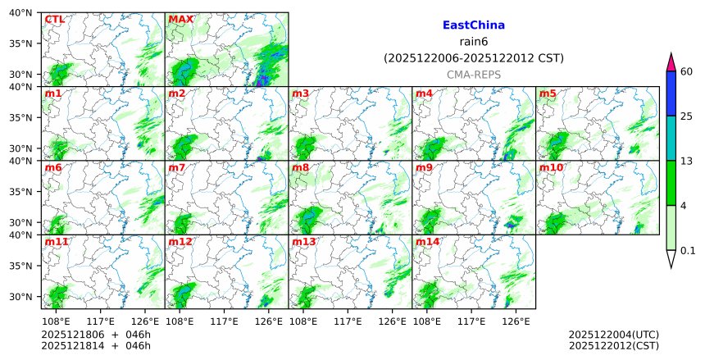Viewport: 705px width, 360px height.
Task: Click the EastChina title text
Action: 473,25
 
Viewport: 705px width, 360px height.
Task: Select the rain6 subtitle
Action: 473,42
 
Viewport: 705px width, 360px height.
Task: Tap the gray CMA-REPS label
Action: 473,75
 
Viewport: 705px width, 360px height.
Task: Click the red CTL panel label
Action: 54,20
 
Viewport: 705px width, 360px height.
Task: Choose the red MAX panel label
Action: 180,20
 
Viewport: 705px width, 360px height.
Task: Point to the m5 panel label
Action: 548,94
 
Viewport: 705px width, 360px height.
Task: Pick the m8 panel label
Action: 300,168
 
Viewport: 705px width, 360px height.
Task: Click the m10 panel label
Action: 551,168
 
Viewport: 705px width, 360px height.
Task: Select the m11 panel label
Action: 57,243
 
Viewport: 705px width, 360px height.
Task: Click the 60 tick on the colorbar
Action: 687,71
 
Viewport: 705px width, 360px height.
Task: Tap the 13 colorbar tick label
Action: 687,161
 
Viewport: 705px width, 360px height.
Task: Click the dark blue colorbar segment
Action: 671,93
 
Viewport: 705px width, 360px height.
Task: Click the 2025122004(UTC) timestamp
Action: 613,335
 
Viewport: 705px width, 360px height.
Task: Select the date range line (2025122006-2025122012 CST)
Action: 473,58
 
